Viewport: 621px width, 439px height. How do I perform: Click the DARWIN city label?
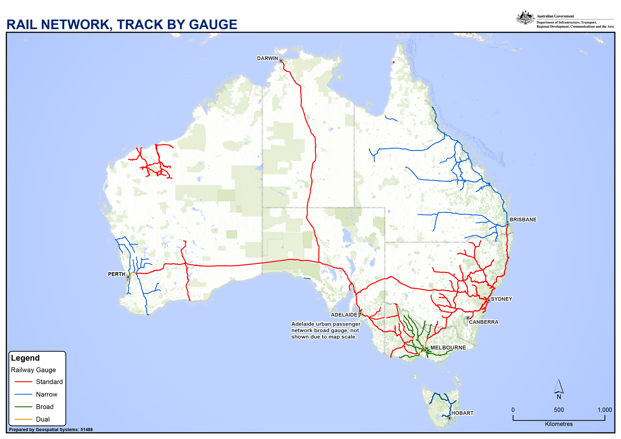(x=267, y=58)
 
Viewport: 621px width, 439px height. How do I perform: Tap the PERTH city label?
(x=116, y=274)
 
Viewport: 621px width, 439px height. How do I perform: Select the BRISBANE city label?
(x=523, y=219)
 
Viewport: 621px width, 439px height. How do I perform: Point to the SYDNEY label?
(x=501, y=299)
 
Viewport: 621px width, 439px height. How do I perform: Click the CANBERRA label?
(x=483, y=322)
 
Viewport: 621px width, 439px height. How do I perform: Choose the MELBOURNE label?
(x=448, y=348)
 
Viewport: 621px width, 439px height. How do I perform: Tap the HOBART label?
(x=462, y=413)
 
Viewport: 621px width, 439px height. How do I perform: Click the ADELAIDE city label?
(x=344, y=315)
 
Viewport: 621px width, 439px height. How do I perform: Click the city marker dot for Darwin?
(x=281, y=61)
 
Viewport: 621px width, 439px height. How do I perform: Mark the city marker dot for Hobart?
(x=449, y=418)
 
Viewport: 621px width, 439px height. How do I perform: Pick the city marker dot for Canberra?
(x=468, y=318)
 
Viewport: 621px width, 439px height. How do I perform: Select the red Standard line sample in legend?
(x=23, y=382)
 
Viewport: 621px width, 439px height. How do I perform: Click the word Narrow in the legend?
(x=47, y=394)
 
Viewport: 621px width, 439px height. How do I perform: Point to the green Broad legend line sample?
(x=23, y=407)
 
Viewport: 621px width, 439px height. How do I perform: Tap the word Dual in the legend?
(x=43, y=419)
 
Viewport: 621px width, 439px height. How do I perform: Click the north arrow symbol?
(x=559, y=387)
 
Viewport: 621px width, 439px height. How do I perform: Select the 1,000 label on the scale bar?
(x=605, y=410)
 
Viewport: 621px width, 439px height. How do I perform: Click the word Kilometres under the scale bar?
(x=559, y=424)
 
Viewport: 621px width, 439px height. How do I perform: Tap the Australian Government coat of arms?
(x=525, y=18)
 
